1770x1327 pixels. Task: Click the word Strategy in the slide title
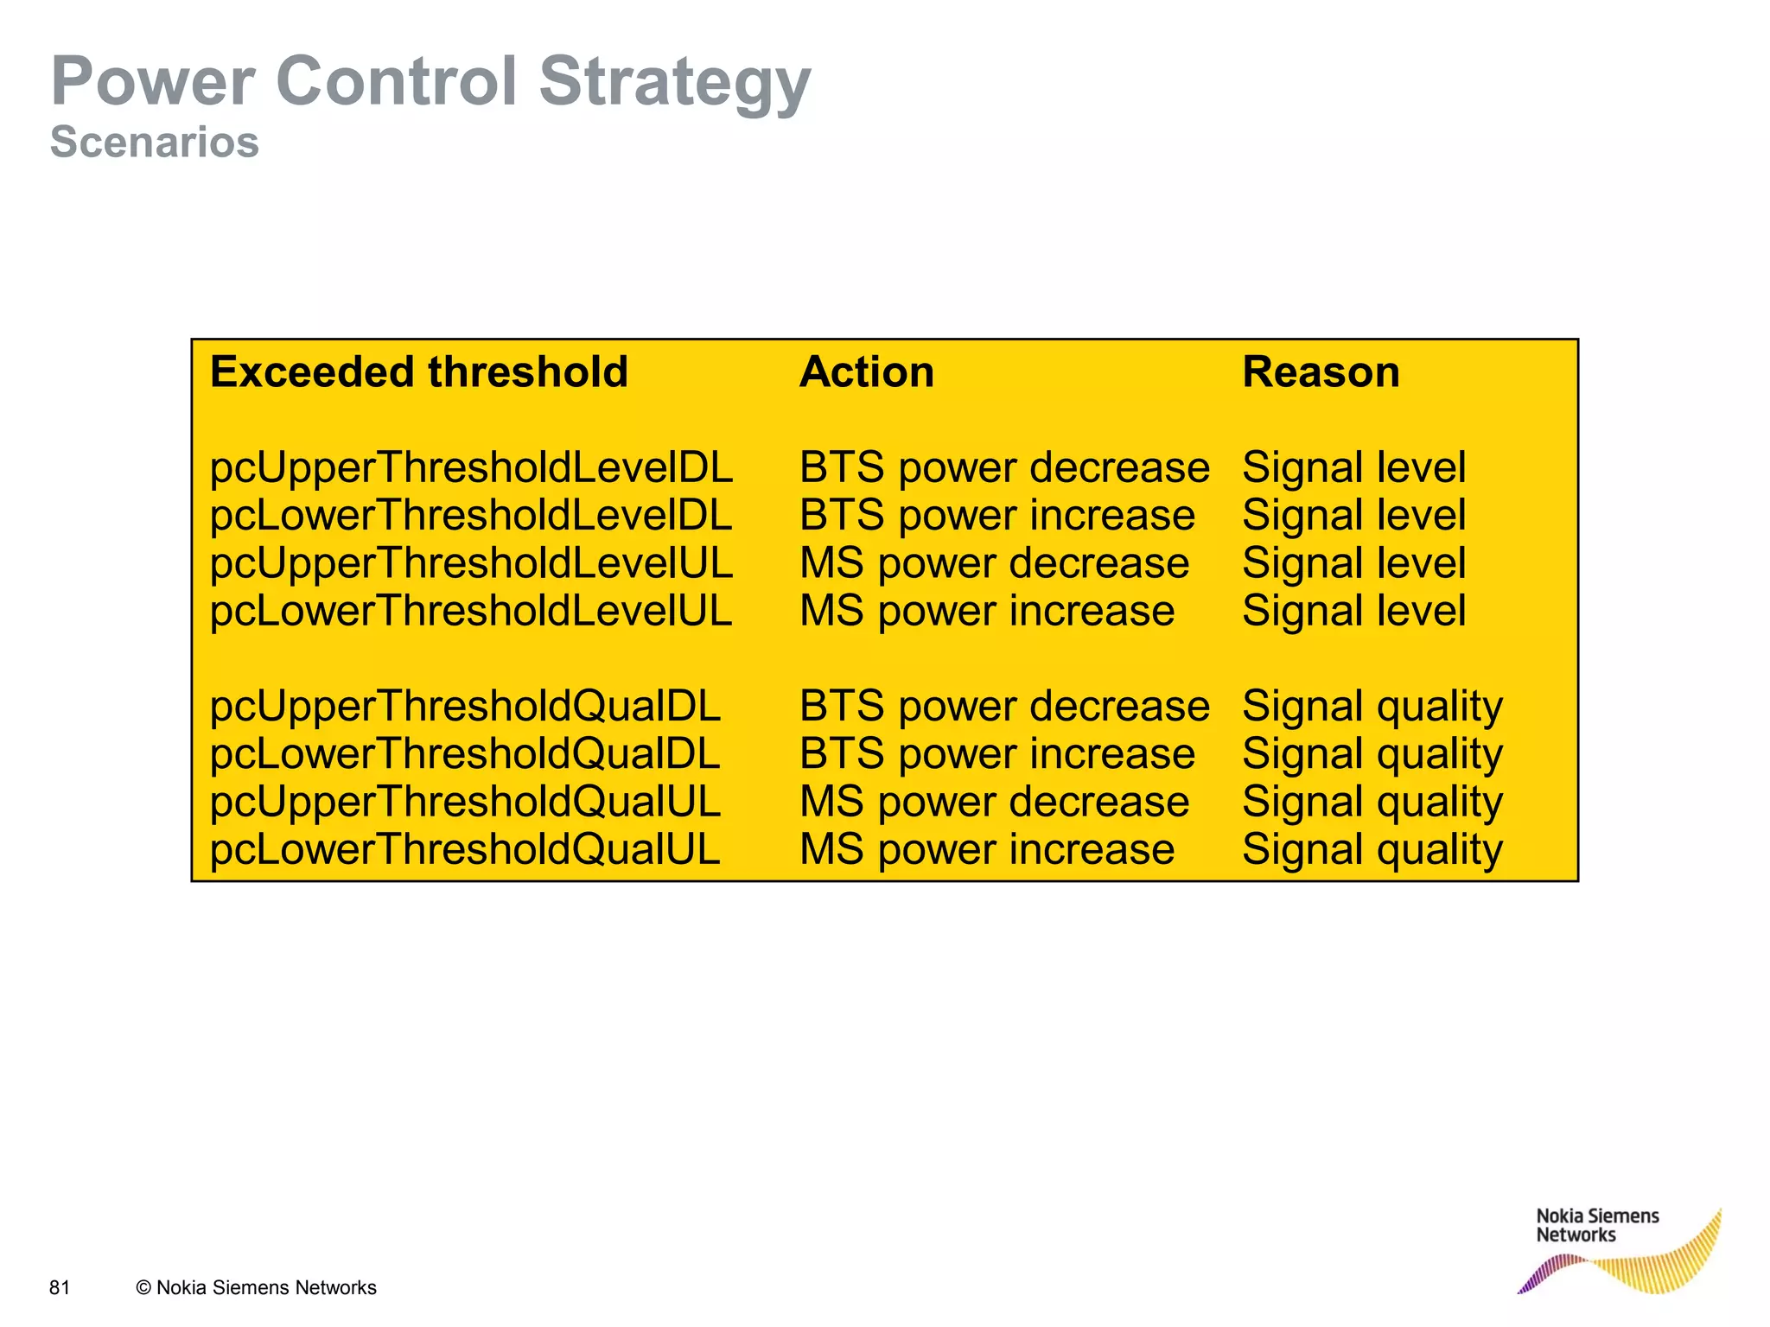tap(674, 82)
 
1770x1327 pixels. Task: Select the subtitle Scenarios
tap(155, 142)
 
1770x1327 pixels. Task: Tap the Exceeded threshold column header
tap(418, 372)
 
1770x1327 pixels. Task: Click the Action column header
tap(866, 372)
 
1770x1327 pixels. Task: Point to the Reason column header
tap(1320, 372)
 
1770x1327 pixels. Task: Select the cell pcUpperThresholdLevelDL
tap(471, 467)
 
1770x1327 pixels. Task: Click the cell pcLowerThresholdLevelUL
tap(471, 611)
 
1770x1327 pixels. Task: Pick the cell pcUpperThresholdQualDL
tap(465, 706)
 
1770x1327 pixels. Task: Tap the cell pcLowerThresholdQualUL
tap(465, 849)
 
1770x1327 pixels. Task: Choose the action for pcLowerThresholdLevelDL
tap(996, 516)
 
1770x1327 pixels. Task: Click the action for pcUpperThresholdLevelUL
tap(994, 563)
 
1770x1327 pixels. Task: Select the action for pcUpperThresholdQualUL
tap(994, 802)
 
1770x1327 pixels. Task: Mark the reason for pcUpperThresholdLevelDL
tap(1353, 467)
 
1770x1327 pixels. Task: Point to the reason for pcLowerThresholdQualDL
tap(1372, 754)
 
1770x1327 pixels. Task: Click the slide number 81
tap(60, 1287)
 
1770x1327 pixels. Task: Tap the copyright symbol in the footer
tap(143, 1288)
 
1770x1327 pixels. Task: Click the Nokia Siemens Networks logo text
tap(1596, 1225)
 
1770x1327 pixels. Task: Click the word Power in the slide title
tap(152, 82)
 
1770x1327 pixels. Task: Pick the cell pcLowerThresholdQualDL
tap(465, 754)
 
